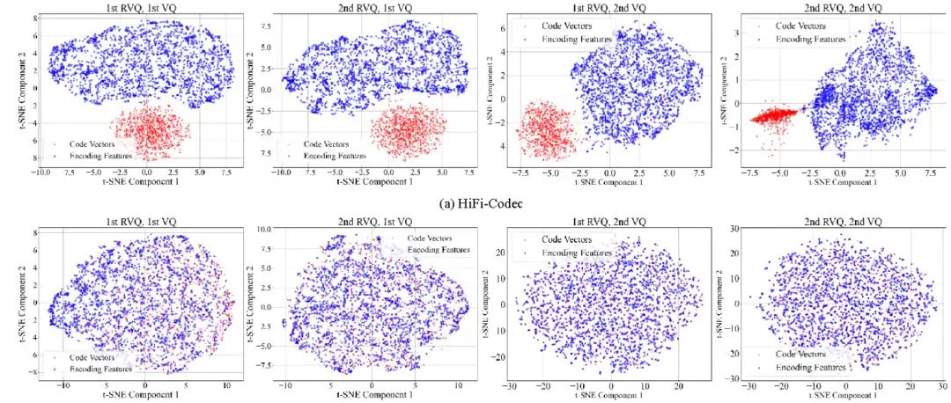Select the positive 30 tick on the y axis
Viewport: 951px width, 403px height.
[736, 228]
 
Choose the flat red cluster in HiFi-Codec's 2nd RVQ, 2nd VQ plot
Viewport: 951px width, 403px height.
[778, 115]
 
